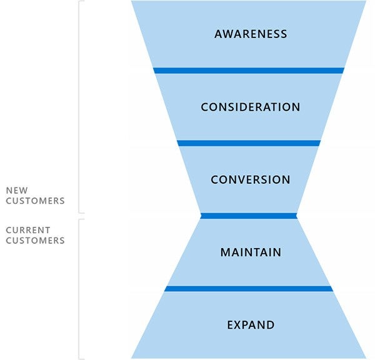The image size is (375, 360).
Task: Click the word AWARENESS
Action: pos(250,34)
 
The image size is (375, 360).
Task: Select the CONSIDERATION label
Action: pos(250,107)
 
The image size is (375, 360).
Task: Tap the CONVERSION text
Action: pos(250,180)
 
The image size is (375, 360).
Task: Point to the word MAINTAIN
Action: pos(250,252)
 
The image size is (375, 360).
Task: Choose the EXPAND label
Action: pos(250,325)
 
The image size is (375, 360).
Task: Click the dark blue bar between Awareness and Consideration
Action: pos(249,71)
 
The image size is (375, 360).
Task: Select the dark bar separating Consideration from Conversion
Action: pos(249,143)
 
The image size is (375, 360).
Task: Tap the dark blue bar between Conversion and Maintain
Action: pos(249,216)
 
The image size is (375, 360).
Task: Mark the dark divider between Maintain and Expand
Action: pos(249,289)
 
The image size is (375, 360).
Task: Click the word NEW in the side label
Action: pos(16,191)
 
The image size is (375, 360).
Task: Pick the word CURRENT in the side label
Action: pos(28,230)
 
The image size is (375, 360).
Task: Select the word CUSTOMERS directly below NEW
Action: pos(35,201)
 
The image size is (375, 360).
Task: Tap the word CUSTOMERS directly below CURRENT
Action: pos(35,241)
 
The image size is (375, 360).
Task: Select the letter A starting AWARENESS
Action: pos(218,34)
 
